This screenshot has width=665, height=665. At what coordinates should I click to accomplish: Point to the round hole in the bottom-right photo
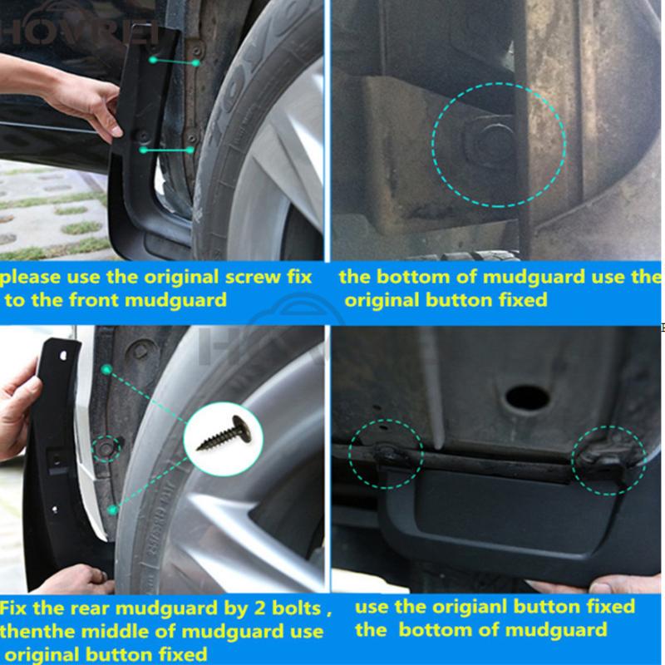point(527,397)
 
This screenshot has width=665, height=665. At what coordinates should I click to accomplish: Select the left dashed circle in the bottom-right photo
point(386,454)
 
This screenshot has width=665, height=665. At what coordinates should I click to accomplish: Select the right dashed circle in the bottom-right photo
point(608,460)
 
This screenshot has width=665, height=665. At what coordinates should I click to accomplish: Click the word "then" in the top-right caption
point(644,277)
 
